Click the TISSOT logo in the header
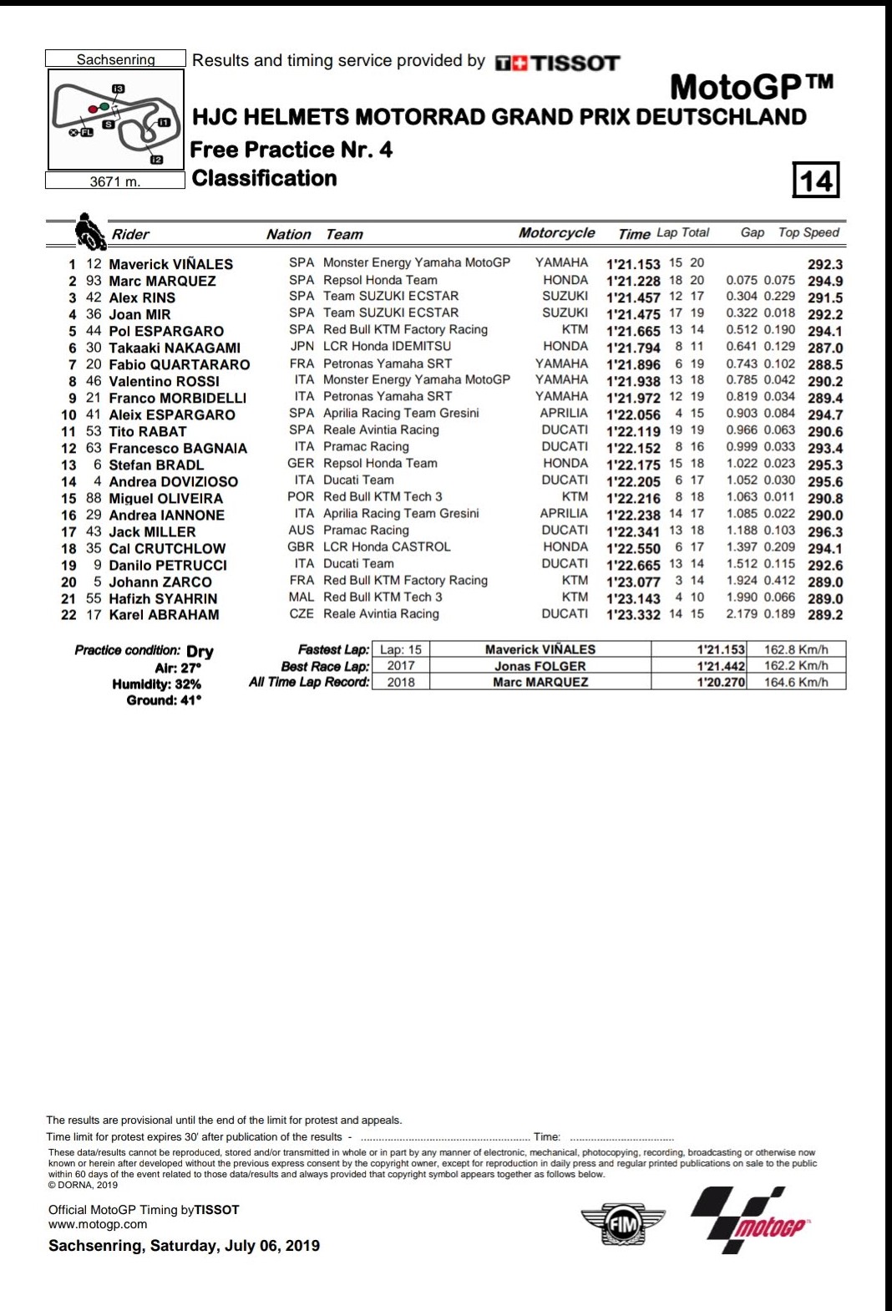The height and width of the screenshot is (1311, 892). pos(558,64)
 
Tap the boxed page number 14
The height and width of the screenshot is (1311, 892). pos(815,180)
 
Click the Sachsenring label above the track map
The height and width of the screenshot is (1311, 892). pos(115,59)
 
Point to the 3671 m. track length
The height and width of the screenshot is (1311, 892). pos(115,181)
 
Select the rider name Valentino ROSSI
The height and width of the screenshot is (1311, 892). pos(164,381)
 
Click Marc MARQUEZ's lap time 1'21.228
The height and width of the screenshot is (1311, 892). pos(633,282)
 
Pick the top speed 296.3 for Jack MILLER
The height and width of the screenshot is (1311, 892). pos(825,531)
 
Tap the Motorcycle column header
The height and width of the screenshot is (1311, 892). pos(556,233)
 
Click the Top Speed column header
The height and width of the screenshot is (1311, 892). pos(808,233)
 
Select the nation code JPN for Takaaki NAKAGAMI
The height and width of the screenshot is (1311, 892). pos(302,346)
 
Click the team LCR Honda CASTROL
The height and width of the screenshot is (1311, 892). pos(387,546)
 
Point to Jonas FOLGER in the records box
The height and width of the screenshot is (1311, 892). pos(540,666)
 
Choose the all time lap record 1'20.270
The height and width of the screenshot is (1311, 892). pos(721,682)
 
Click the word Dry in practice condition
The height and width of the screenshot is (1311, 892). pos(200,651)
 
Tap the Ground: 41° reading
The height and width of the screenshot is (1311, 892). pos(164,700)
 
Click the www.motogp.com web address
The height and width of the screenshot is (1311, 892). pos(98,1224)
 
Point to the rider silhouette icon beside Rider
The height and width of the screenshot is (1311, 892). pos(89,231)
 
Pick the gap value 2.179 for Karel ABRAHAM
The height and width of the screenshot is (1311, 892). pos(742,614)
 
